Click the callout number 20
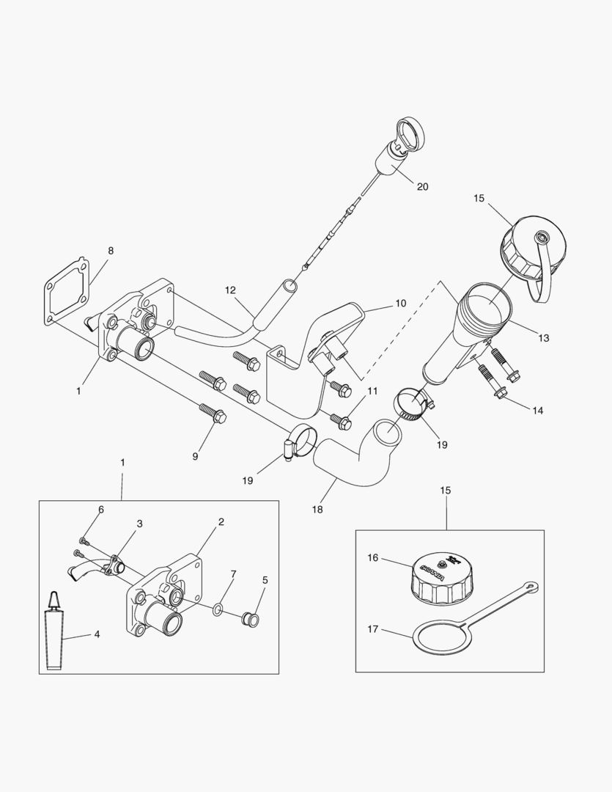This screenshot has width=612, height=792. [422, 186]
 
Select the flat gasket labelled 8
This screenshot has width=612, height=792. [64, 291]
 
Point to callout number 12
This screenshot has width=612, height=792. [230, 290]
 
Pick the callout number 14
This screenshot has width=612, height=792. [537, 411]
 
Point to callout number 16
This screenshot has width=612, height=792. [373, 558]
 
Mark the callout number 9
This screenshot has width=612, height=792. [195, 456]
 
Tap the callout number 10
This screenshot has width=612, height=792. [400, 303]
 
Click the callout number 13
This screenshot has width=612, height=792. [543, 338]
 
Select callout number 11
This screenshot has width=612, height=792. [372, 391]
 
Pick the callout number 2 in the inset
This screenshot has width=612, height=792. [221, 521]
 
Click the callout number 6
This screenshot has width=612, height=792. [101, 509]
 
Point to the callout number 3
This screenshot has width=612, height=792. [139, 524]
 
